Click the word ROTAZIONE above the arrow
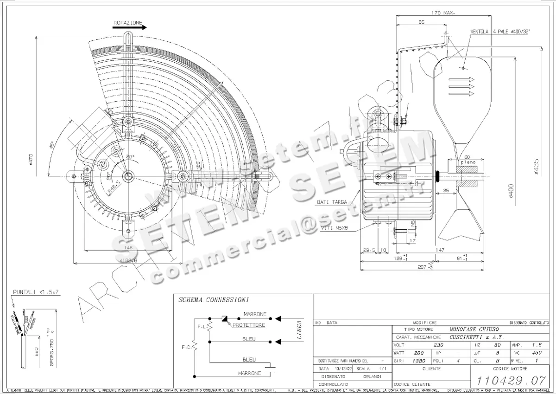(127, 22)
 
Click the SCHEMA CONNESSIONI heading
(214, 300)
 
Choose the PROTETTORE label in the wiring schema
(249, 325)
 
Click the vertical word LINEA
(299, 331)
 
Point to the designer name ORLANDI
(372, 376)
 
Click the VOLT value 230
(437, 345)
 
